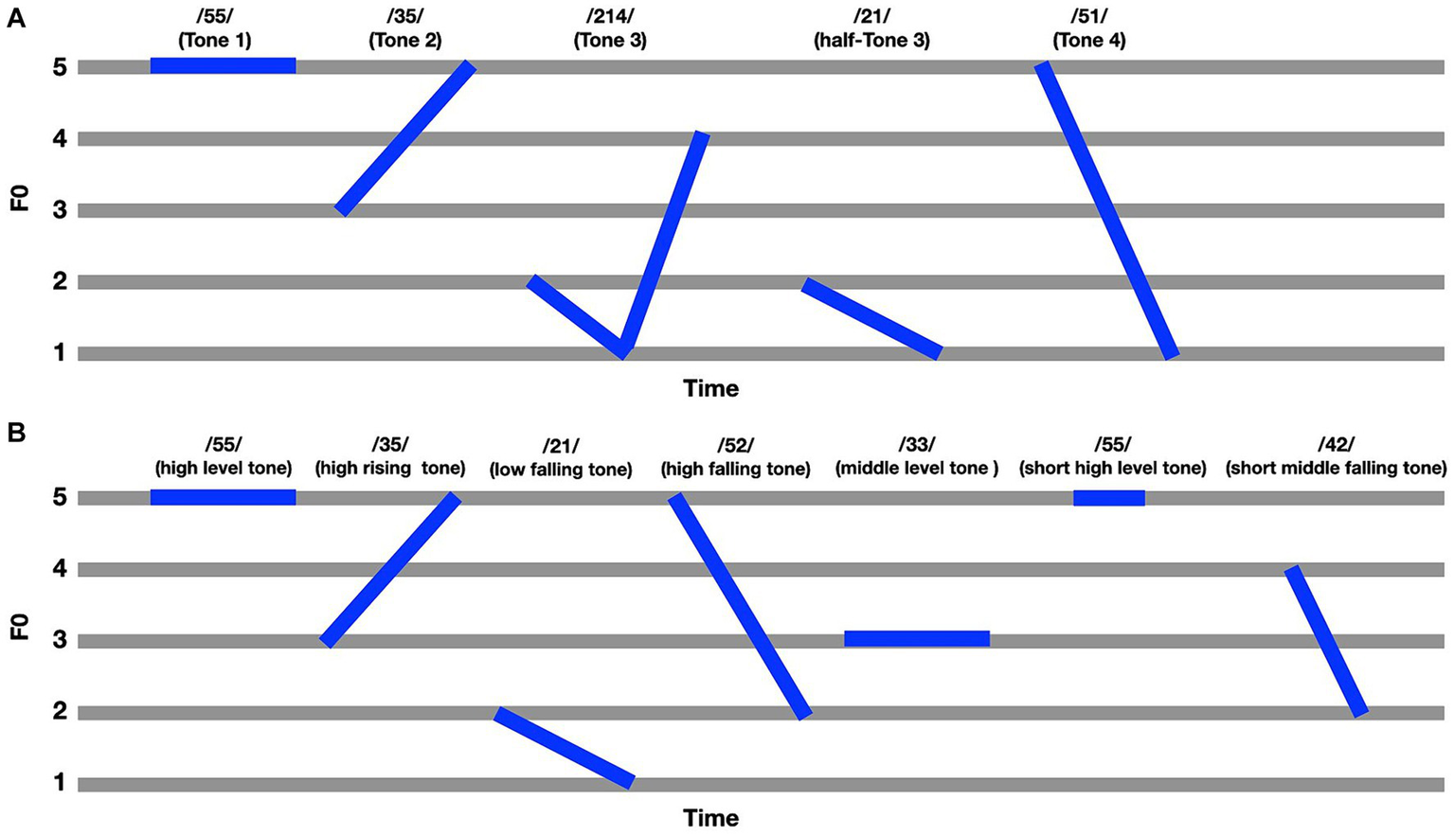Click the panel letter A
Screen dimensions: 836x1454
coord(16,18)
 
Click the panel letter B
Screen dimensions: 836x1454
coord(16,433)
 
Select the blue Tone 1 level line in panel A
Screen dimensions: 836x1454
coord(223,65)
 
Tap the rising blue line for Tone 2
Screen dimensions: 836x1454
coord(405,138)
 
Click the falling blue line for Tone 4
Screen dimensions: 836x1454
coord(1106,210)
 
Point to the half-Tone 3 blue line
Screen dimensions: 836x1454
coord(871,318)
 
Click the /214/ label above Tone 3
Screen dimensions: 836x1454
coord(610,17)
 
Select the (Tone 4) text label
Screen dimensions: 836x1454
coord(1089,41)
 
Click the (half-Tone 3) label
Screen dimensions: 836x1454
coord(871,41)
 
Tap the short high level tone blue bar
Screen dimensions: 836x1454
coord(1108,498)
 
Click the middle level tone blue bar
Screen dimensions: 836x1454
coord(916,639)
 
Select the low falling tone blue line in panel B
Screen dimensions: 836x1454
coord(564,747)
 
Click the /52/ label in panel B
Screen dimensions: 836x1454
coord(735,445)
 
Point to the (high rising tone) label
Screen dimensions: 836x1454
coord(390,469)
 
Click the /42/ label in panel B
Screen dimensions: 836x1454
coord(1336,445)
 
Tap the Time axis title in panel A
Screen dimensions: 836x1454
coord(710,388)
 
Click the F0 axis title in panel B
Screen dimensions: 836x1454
coord(19,627)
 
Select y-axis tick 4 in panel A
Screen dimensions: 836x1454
coord(60,139)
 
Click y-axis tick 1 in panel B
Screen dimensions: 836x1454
coord(60,783)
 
